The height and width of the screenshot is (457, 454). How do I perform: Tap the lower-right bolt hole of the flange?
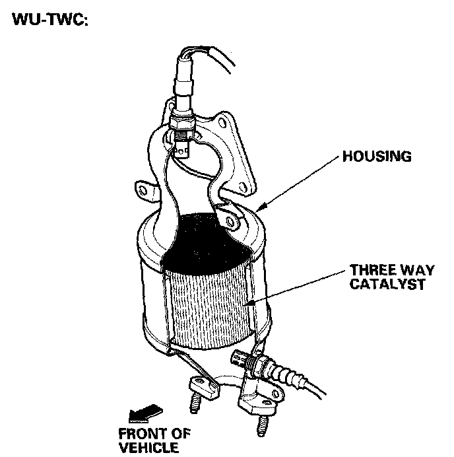coord(246,187)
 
